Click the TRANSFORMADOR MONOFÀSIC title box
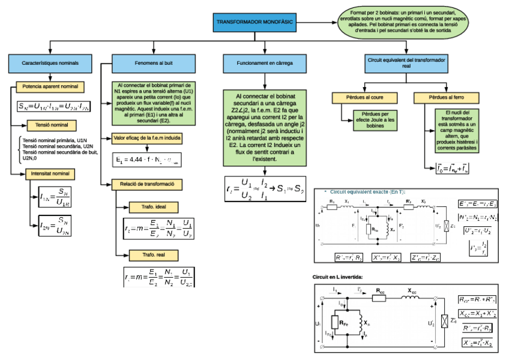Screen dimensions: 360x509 [x=254, y=22]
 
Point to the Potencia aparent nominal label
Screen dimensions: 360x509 [x=50, y=86]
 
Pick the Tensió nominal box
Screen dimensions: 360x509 [x=50, y=125]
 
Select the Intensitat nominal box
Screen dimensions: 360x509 [x=50, y=173]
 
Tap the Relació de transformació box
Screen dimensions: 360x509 [x=147, y=184]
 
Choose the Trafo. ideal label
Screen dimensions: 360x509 [x=154, y=207]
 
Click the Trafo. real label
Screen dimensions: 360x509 [x=154, y=255]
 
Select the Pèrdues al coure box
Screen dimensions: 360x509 [x=364, y=98]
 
